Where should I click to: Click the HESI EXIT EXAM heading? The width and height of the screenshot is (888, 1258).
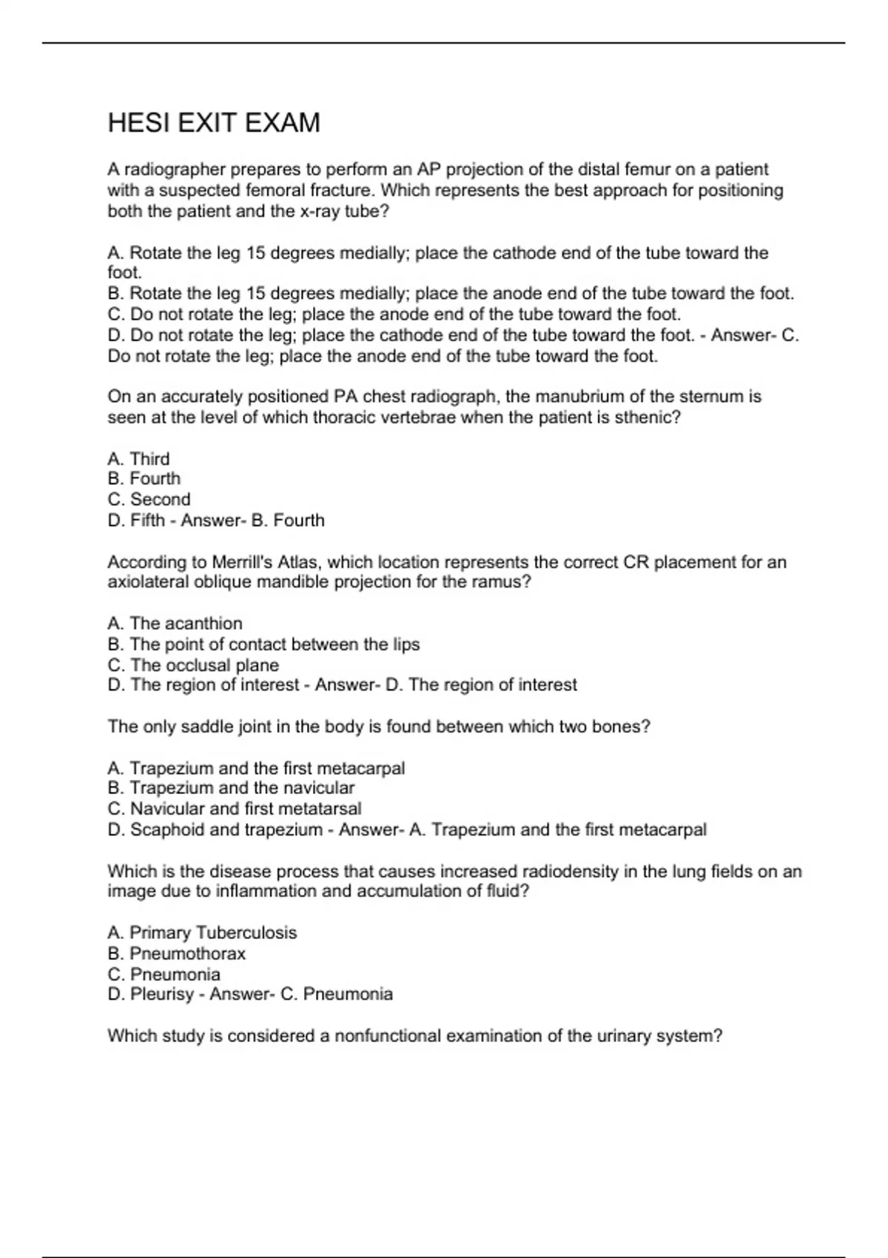coord(214,123)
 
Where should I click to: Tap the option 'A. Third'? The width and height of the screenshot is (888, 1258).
coord(138,459)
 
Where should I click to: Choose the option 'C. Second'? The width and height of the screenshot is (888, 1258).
coord(149,499)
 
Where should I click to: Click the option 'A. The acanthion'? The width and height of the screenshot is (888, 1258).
coord(175,623)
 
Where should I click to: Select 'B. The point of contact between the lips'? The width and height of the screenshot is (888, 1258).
coord(263,644)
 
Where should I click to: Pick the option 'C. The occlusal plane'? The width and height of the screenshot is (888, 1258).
coord(193,665)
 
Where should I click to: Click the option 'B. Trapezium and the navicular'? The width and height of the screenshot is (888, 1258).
coord(231,787)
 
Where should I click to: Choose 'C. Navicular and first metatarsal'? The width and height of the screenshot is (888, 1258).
coord(235,808)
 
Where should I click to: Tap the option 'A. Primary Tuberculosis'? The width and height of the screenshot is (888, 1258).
coord(202,932)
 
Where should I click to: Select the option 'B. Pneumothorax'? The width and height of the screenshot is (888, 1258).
coord(176,953)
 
